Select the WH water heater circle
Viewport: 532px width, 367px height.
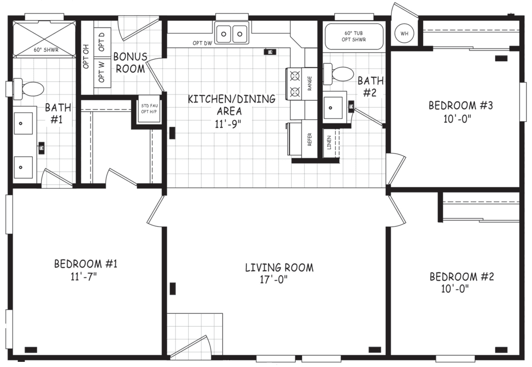405,34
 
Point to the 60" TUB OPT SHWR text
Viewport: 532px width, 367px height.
354,36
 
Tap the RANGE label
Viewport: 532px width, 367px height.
310,84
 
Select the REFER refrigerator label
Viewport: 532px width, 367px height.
310,140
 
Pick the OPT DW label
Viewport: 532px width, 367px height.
202,43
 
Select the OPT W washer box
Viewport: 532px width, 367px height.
102,72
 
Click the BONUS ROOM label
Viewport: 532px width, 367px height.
130,62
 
